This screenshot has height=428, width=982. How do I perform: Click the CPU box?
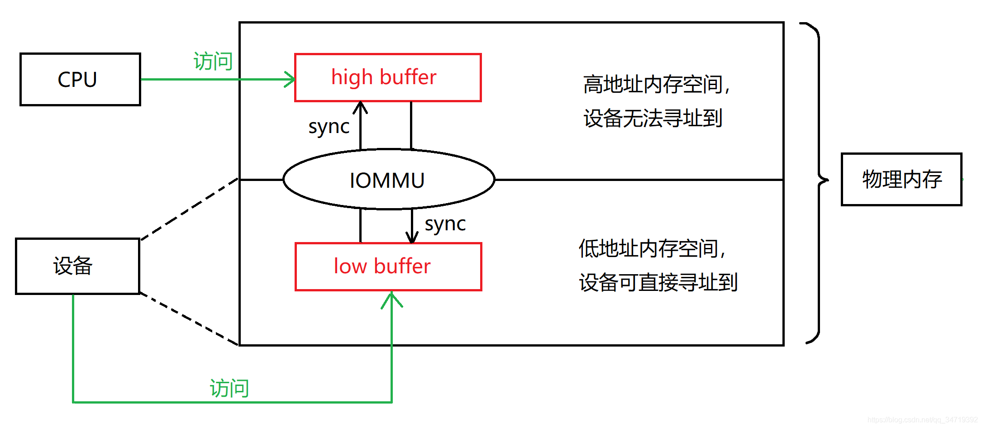coord(80,79)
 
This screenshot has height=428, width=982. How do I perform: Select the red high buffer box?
coord(387,77)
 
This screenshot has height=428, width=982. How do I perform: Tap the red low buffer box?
coord(388,266)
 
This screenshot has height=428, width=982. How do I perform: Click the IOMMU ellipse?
coord(388,180)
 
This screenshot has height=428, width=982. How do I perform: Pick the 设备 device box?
coord(77,266)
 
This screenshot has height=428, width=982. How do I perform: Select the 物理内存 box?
coord(901,179)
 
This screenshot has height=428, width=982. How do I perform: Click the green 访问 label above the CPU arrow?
coord(213,61)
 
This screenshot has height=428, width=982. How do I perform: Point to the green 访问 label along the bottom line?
coord(229,388)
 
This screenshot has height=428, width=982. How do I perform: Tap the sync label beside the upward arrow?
coord(329,127)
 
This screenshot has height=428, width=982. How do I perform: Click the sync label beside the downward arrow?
coord(445,224)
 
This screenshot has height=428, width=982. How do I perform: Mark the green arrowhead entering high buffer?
coord(290,79)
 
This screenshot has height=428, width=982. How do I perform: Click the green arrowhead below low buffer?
coord(391,299)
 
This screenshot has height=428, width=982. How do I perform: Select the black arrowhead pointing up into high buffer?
coord(360,107)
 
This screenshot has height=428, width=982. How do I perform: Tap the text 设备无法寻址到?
coord(652,119)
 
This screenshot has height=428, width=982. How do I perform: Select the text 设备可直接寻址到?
coord(658,283)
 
